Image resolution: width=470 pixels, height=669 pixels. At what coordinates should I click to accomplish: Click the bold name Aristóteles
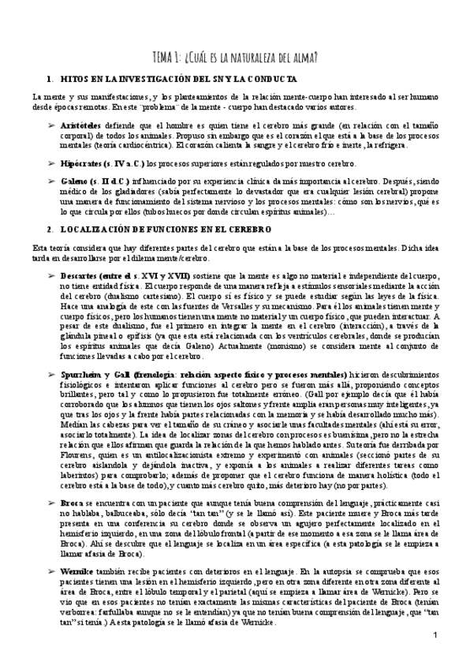click(x=81, y=125)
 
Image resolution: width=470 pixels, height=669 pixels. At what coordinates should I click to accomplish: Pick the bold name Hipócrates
click(x=82, y=163)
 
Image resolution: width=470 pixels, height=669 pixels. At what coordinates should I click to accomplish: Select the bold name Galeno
click(x=73, y=180)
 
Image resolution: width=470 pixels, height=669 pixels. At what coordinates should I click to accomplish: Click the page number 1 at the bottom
click(x=435, y=636)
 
